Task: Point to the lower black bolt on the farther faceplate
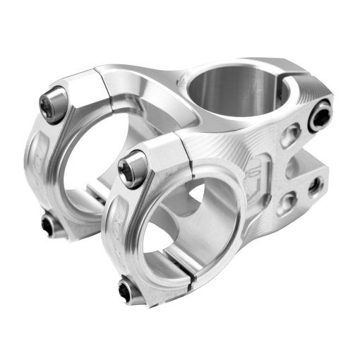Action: [48, 225]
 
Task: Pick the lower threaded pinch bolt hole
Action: [313, 187]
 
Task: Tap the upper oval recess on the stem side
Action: [288, 136]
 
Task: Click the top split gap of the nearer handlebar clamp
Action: [185, 145]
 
